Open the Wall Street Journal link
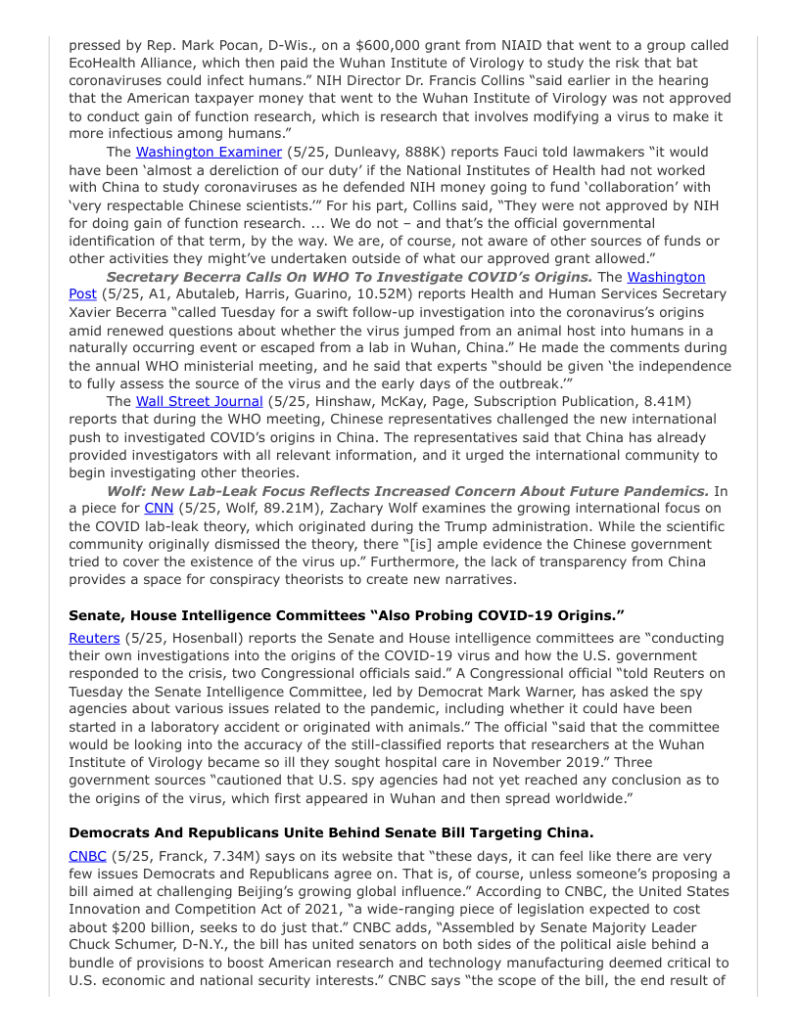tap(199, 401)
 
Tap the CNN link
tap(158, 508)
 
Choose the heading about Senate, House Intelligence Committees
tap(347, 616)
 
